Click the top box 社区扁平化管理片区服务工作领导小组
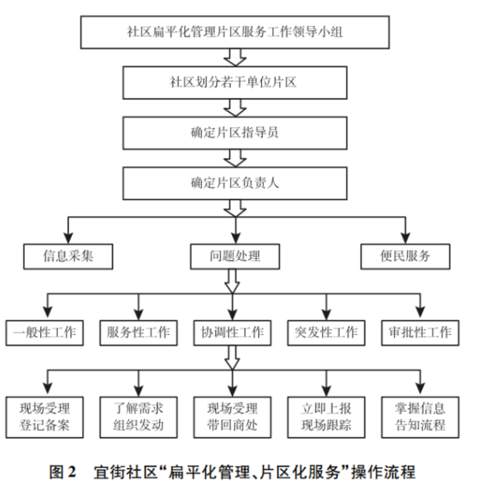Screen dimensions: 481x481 235,32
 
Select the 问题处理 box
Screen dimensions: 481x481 235,256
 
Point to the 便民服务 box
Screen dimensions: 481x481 405,256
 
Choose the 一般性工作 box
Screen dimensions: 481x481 44,333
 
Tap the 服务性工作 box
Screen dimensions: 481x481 138,333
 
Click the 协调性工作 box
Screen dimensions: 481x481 232,333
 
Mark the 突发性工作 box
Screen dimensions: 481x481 326,333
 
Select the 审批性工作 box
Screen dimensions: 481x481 420,333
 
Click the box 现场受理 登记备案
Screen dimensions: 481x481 44,417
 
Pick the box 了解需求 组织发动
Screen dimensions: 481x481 138,417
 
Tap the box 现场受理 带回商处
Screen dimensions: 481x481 232,417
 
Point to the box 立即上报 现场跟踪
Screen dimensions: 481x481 326,417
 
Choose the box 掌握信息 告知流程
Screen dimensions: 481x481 420,417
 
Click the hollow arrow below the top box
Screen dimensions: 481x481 235,57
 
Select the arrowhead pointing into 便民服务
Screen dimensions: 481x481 405,237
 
